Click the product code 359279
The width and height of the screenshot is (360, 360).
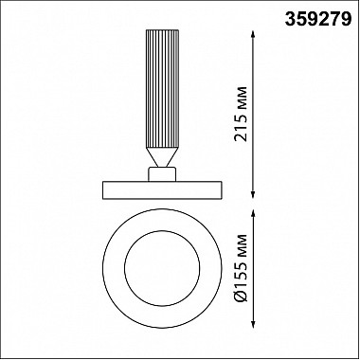pos(318,20)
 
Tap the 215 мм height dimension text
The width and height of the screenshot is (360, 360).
pos(241,114)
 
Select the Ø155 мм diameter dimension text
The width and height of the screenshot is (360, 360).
pos(241,268)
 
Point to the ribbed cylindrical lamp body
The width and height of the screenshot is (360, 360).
pos(162,89)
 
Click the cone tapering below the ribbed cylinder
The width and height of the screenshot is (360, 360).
pos(162,157)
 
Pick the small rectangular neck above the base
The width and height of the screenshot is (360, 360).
pos(162,174)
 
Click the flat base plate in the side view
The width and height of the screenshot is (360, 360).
pos(162,190)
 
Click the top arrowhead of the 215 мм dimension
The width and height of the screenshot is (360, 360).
pos(253,34)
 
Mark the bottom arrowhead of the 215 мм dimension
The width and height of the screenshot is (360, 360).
pos(253,194)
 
